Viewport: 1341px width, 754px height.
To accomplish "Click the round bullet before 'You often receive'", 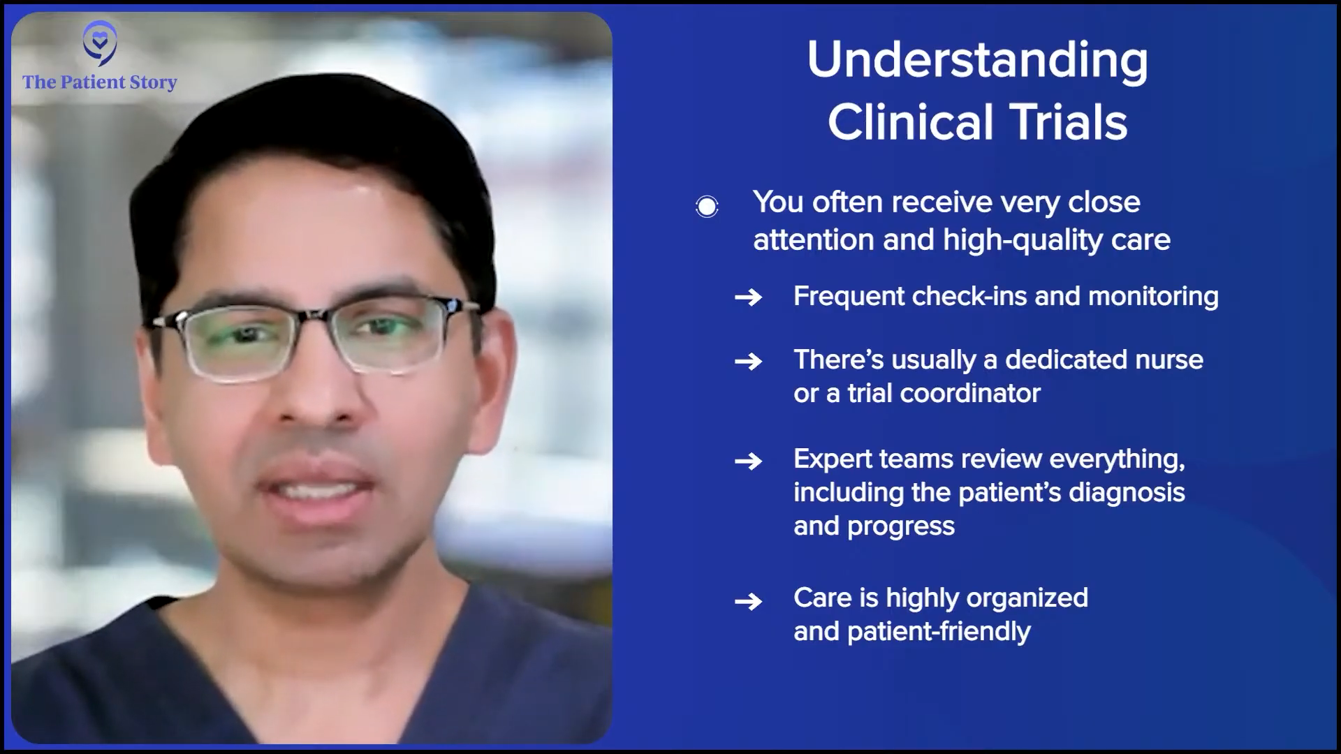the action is point(707,207).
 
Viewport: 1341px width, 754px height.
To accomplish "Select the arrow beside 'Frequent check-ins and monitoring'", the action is point(748,297).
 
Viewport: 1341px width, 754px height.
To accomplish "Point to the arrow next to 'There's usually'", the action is point(748,362).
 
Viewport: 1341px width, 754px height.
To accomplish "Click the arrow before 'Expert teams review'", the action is point(748,461).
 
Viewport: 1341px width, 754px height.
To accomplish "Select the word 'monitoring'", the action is point(1153,297).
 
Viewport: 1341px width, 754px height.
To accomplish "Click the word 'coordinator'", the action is point(970,394).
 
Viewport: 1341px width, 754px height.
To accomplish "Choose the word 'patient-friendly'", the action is point(939,632).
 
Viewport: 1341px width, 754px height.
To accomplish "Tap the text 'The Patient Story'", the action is point(100,82).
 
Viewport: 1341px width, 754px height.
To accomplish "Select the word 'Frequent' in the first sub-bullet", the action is point(849,297).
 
